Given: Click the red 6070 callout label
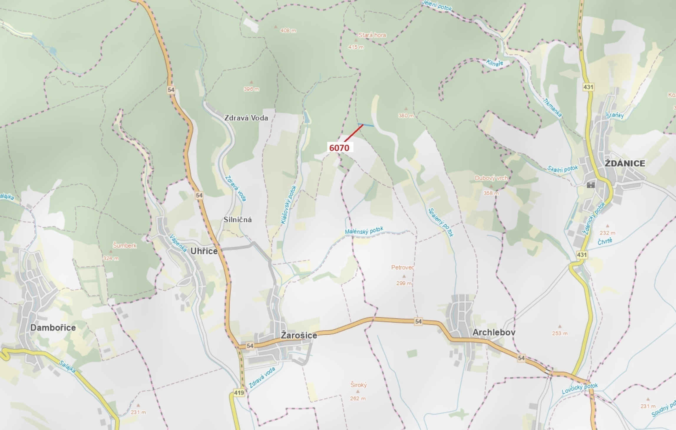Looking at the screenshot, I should click(339, 148).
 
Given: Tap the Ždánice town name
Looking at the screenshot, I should click(625, 163).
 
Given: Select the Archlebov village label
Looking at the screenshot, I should click(494, 332).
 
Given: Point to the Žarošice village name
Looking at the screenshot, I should click(299, 335).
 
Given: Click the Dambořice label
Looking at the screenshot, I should click(53, 328).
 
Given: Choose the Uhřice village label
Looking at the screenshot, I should click(204, 251).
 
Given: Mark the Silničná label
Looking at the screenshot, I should click(237, 220).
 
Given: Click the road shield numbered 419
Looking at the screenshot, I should click(239, 393).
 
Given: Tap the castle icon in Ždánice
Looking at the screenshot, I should click(591, 185).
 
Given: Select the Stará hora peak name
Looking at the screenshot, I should click(372, 35).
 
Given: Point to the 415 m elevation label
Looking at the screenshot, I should click(356, 47).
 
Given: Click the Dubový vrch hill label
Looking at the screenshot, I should click(491, 178).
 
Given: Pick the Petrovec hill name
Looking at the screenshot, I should click(403, 268).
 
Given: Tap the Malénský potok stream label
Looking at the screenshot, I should click(364, 230).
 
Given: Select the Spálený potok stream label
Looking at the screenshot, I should click(441, 222).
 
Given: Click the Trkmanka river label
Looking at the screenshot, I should click(552, 108).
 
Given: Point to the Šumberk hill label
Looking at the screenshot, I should click(125, 245).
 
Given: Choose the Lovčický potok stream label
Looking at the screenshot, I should click(580, 389).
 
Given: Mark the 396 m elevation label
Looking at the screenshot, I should click(251, 89).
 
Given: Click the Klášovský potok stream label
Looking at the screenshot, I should click(289, 205).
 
